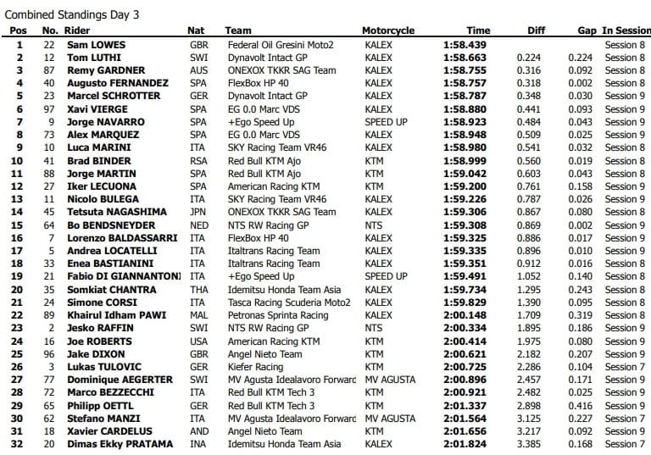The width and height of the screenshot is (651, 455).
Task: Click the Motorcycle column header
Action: pos(388,31)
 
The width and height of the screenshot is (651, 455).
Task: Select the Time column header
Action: pos(478,31)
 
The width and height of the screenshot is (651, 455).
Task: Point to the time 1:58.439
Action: pos(465,44)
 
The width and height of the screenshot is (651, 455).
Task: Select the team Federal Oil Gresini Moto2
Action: pos(280,44)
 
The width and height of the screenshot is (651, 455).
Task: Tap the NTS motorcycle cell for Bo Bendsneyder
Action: pos(373,225)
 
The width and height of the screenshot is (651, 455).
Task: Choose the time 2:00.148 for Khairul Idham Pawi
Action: pos(465,315)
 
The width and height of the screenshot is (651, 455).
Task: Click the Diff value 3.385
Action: pos(530,444)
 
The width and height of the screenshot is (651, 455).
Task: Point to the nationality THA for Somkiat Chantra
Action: pos(198,290)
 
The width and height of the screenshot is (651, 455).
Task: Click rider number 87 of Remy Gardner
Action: pos(49,70)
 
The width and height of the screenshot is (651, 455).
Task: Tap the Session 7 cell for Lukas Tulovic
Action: pos(625,367)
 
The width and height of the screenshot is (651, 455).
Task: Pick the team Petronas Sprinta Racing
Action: pos(276,315)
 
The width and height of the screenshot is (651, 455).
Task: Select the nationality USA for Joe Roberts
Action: pos(198,341)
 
